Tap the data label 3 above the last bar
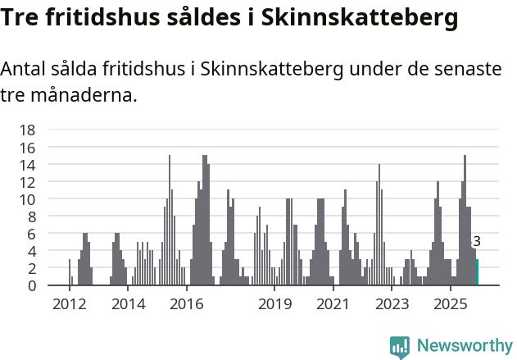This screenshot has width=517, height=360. (476, 241)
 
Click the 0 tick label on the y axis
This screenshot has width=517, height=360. (31, 286)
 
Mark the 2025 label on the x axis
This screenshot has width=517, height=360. (450, 304)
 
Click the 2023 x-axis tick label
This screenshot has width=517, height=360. (392, 304)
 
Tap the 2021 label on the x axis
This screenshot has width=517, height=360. (333, 304)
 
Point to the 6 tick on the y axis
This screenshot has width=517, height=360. (31, 234)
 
